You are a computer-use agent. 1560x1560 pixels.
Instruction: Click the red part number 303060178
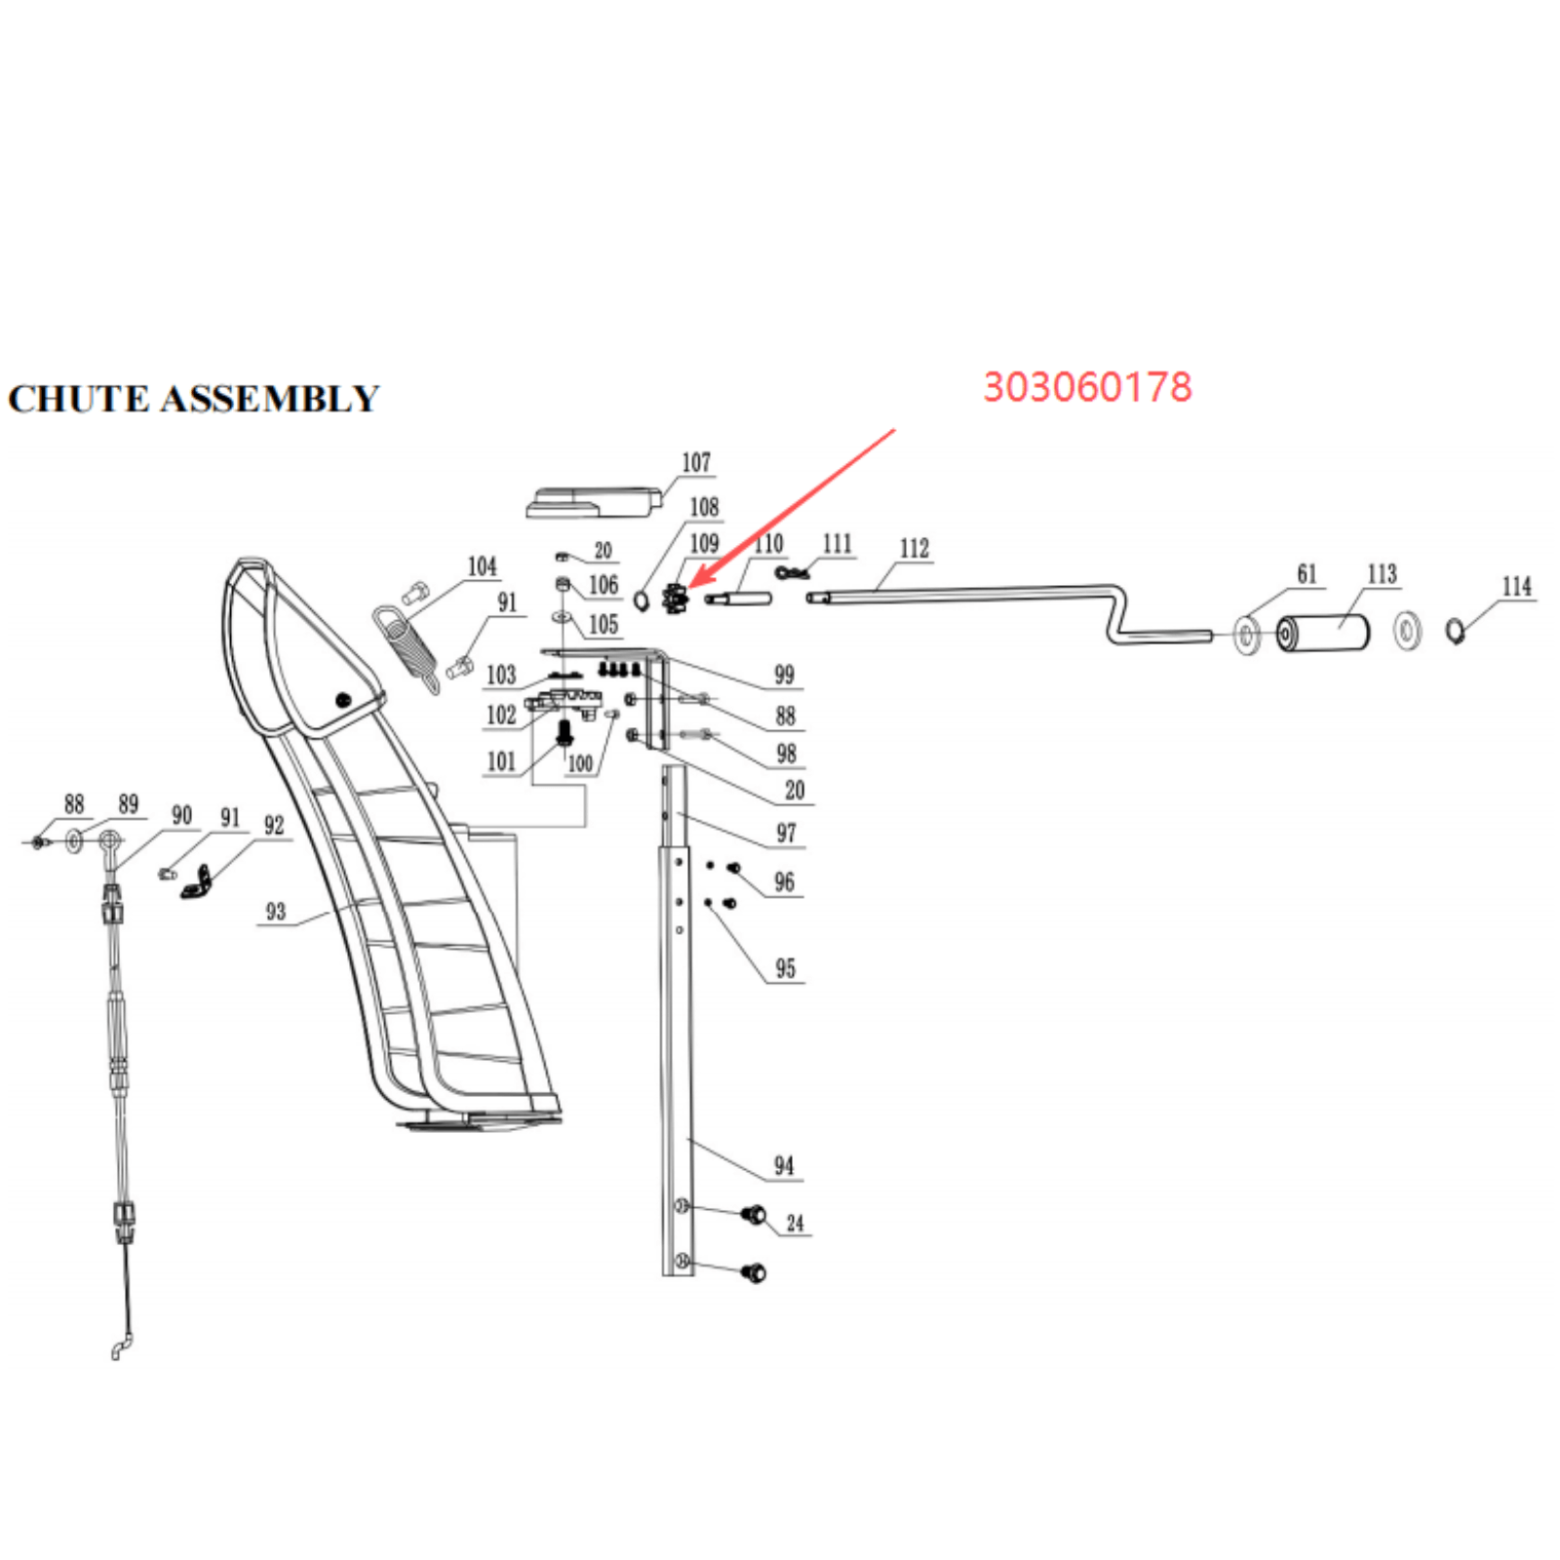point(1087,387)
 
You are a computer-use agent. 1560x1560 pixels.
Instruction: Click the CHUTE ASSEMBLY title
point(193,399)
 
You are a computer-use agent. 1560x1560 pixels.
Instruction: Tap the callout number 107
point(696,462)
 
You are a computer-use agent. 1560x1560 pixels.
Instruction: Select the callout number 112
point(915,548)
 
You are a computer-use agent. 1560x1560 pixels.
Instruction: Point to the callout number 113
point(1383,573)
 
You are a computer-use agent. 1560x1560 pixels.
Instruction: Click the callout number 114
point(1517,586)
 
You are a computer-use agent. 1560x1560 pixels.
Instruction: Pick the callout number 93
point(276,911)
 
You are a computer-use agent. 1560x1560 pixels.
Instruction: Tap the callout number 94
point(784,1165)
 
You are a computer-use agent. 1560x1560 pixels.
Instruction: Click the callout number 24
point(796,1223)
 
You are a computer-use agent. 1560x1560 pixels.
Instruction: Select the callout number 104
point(482,566)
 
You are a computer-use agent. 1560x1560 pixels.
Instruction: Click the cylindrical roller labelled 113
point(1323,634)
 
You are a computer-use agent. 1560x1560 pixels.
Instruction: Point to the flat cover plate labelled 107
point(595,500)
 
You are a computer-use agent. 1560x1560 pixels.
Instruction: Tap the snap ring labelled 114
point(1455,632)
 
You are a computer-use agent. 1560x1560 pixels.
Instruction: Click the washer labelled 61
point(1247,636)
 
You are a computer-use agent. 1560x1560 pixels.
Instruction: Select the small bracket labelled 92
point(197,882)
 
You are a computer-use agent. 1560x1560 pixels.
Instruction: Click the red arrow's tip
point(689,588)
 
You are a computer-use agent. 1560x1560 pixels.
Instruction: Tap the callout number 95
point(785,968)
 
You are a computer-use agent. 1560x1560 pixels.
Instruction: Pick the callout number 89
point(128,803)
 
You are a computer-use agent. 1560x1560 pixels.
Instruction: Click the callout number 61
point(1306,574)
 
